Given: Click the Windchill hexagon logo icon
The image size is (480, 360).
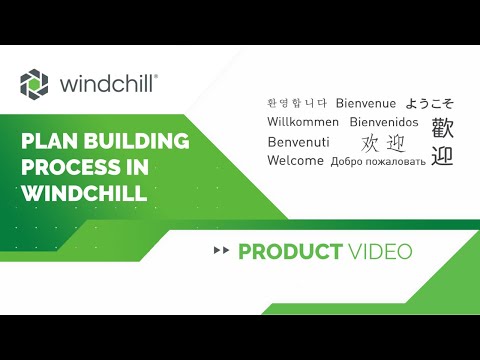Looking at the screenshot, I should (34, 83).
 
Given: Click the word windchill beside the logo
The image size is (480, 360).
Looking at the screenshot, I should (104, 83).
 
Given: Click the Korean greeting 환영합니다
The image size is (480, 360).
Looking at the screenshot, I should (297, 103).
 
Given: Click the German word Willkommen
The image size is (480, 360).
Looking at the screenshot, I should (304, 122).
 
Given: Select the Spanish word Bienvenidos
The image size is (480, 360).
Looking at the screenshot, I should (385, 122).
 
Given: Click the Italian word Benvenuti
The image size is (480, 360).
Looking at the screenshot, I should (299, 142).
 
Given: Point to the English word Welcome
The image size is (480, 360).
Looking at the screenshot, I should (295, 161).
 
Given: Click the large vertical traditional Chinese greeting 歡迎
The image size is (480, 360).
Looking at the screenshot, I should (442, 142).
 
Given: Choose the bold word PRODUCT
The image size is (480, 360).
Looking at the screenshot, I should (291, 251).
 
